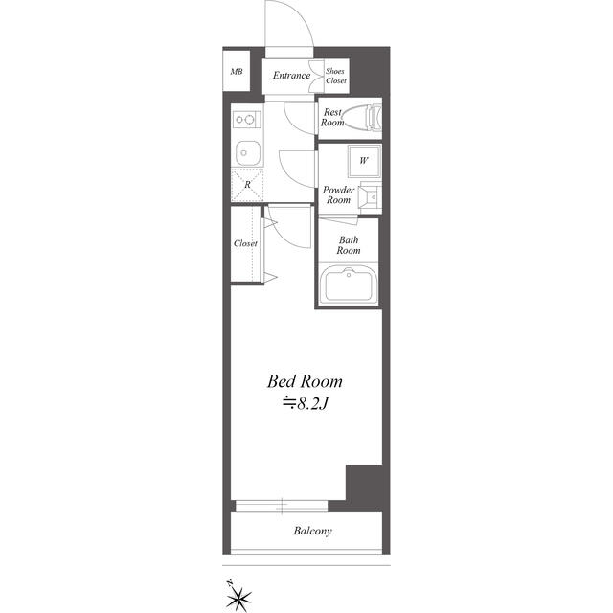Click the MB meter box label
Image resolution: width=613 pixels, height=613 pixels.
(237, 72)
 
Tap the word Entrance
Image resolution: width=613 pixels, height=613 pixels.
(291, 76)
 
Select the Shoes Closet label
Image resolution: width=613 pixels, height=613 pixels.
(336, 76)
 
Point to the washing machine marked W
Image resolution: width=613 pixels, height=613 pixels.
(364, 160)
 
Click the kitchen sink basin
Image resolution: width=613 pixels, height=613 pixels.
(248, 153)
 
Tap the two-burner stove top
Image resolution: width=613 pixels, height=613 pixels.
(247, 119)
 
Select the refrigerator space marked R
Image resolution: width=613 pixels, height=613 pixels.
(247, 185)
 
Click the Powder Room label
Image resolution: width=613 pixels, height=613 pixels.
(338, 194)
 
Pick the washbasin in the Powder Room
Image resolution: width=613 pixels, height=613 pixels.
(370, 197)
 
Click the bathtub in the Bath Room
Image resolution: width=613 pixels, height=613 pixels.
(349, 284)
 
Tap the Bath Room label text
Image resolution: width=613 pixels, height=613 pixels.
(349, 245)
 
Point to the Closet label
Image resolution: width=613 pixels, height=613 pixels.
(245, 243)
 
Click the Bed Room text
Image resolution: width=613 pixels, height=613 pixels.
(305, 381)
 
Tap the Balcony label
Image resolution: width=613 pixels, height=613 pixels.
(312, 531)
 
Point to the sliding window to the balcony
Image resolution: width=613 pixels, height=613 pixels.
(282, 506)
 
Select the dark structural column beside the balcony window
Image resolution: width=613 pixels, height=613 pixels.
(364, 488)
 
